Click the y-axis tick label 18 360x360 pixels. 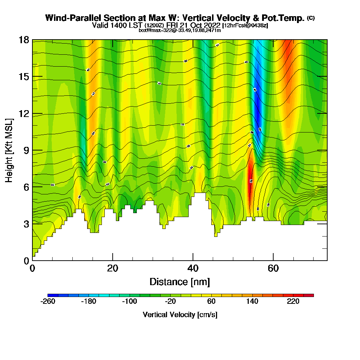[x=23, y=40]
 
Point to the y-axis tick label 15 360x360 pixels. [x=23, y=77]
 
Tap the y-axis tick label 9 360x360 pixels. [x=26, y=150]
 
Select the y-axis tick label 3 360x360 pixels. [x=26, y=224]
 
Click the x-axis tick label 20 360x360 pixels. [x=113, y=268]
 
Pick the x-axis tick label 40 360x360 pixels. [x=193, y=268]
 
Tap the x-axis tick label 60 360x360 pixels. [x=274, y=268]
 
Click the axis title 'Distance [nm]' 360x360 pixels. [x=180, y=282]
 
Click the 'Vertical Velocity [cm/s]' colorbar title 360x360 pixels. [x=180, y=315]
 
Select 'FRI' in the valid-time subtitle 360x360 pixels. [x=174, y=25]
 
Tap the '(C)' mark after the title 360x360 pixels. [x=311, y=18]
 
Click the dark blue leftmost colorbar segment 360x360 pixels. [x=50, y=295]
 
